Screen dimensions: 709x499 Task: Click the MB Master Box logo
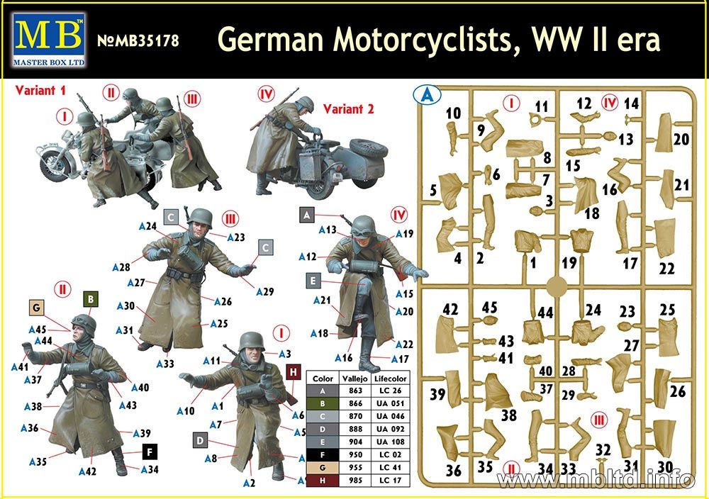pos(50,40)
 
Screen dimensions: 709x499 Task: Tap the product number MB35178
pos(138,40)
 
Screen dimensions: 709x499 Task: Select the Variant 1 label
pos(40,91)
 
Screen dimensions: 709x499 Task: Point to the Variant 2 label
pos(349,109)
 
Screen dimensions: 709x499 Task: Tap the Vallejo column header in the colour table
pos(355,379)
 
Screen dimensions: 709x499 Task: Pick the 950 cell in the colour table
pos(355,454)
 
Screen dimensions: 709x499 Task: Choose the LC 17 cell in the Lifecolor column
pos(389,480)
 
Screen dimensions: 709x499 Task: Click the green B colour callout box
pos(91,299)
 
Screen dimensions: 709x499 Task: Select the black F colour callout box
pos(150,452)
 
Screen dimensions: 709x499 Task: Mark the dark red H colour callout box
pos(294,372)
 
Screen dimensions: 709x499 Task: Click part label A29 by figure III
pos(265,292)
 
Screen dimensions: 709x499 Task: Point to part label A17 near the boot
pos(400,359)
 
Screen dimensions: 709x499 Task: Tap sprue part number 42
pos(450,310)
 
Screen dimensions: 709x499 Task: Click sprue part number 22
pos(667,269)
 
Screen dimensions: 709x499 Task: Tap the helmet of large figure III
pos(200,217)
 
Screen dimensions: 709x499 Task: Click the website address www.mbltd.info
pos(596,478)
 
